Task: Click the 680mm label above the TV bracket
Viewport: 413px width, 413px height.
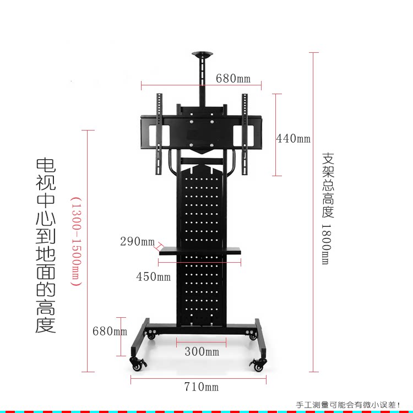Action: click(x=233, y=78)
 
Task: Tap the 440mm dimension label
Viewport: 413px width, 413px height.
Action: click(x=293, y=138)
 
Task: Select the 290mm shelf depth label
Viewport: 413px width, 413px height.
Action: click(x=137, y=241)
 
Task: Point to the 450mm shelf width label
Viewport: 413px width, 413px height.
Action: click(x=153, y=276)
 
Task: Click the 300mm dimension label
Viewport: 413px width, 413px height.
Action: click(x=202, y=351)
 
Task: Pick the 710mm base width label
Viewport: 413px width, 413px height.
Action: click(x=201, y=387)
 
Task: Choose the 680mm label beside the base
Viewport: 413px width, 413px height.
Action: click(x=110, y=331)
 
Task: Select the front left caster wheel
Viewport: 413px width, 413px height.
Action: click(x=136, y=363)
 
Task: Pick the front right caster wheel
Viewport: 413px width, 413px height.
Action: click(x=258, y=363)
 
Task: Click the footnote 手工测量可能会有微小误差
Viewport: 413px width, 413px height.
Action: click(x=348, y=405)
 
